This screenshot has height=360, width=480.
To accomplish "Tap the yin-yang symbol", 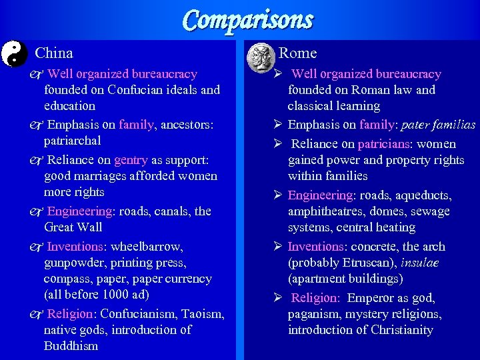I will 13,53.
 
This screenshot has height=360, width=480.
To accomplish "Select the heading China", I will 54,53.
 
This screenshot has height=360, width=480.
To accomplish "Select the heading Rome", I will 297,53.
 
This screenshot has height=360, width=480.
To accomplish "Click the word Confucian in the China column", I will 132,90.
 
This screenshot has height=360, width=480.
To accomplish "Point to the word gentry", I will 131,160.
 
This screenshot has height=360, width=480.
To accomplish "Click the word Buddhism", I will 71,346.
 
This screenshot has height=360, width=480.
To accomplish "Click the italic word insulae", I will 420,263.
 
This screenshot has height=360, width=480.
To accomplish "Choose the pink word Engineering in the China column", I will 79,211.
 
